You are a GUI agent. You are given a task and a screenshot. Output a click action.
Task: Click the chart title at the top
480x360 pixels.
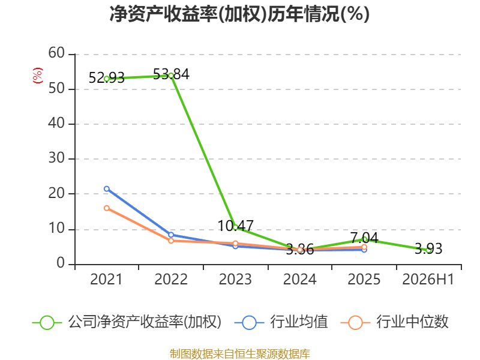pos(239,14)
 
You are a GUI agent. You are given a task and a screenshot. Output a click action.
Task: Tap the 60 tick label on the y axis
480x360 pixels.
pos(56,53)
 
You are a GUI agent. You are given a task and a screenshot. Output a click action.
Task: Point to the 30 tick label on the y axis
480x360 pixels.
pos(56,158)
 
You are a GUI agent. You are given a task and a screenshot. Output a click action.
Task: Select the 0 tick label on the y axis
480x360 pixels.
pos(61,263)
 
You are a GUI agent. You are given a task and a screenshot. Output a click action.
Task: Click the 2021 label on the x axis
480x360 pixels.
pos(106,279)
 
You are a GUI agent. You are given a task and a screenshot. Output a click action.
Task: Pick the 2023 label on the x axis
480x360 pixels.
pos(235,279)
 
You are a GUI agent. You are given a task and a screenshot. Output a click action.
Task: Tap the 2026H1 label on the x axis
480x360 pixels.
pos(428,279)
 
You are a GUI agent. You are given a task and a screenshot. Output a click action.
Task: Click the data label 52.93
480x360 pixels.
pos(107,78)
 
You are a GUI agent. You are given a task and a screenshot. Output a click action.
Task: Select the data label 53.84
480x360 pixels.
pos(171,74)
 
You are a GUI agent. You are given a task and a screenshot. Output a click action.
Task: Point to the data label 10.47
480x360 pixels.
pos(235,226)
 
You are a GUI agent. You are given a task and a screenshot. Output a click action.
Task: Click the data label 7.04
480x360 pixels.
pos(364,238)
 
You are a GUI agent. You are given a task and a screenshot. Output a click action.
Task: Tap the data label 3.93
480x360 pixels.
pos(428,248)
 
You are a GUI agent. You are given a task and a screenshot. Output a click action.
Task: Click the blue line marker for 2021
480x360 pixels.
pos(107,189)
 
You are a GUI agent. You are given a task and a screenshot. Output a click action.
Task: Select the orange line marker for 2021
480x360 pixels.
pos(107,208)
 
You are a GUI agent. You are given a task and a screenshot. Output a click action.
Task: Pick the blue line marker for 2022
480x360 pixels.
pos(171,235)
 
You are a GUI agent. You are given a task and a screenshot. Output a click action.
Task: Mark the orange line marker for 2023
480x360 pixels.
pos(235,244)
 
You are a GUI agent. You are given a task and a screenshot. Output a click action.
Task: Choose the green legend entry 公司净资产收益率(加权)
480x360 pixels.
pos(127,322)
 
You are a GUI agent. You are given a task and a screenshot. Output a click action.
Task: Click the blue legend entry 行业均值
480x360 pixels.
pos(281,322)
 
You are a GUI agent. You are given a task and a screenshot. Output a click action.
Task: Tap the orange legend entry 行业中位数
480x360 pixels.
pos(395,322)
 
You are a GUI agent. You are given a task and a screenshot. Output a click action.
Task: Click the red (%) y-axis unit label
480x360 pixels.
pos(38,76)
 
